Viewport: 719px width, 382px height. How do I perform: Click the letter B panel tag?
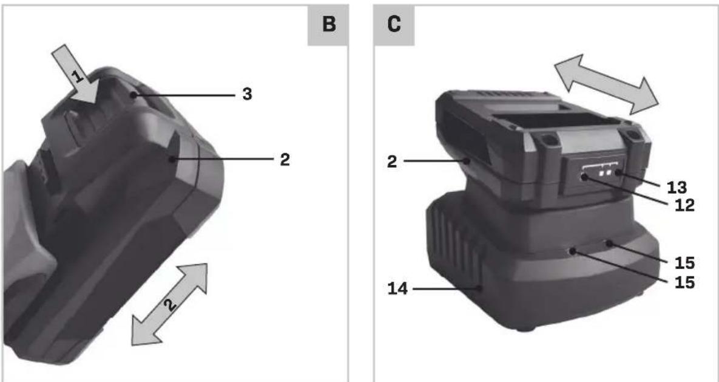tap(328, 26)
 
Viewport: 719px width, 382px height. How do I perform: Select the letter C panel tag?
tap(394, 26)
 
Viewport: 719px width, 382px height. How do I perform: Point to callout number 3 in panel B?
tap(247, 95)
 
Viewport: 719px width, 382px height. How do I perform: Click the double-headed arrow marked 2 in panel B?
tap(169, 304)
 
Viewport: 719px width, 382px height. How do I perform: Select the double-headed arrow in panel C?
tap(606, 84)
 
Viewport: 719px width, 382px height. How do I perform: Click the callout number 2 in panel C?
tap(392, 161)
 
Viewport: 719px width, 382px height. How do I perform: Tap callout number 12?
tap(684, 205)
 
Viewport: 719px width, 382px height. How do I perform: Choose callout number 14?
tap(397, 289)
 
